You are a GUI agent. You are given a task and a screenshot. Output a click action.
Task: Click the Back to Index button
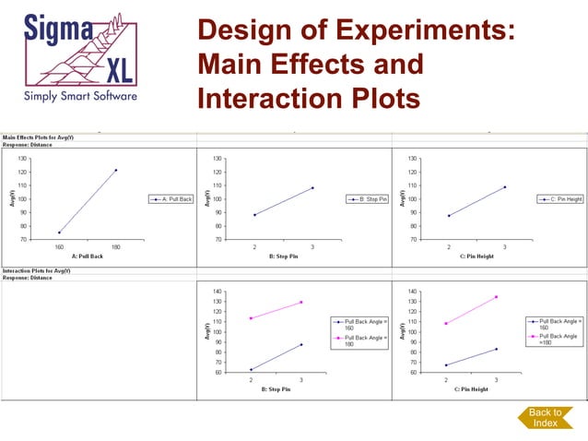(544, 417)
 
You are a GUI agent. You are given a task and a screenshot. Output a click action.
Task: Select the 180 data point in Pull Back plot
(115, 170)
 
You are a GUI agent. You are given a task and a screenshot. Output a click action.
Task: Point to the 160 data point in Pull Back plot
(59, 232)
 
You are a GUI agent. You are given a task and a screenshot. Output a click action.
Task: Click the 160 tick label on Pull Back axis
(59, 246)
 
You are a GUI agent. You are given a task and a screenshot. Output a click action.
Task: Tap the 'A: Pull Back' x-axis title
(87, 256)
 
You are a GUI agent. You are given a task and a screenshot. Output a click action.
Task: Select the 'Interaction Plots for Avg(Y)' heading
(38, 271)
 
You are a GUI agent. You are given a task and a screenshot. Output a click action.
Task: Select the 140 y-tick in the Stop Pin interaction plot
(217, 292)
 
